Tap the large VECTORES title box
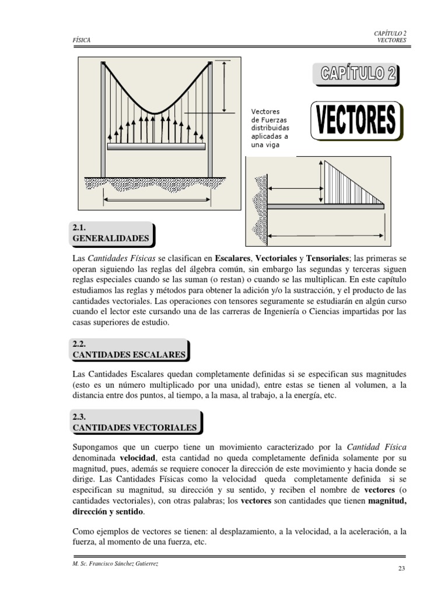pos(355,121)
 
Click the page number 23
pos(401,570)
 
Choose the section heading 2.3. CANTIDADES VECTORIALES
pos(135,422)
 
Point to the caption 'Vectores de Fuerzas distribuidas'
pos(269,128)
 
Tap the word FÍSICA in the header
pos(81,40)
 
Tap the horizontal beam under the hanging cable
pos(156,147)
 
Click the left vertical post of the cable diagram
pos(103,120)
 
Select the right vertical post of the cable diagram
pos(210,120)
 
